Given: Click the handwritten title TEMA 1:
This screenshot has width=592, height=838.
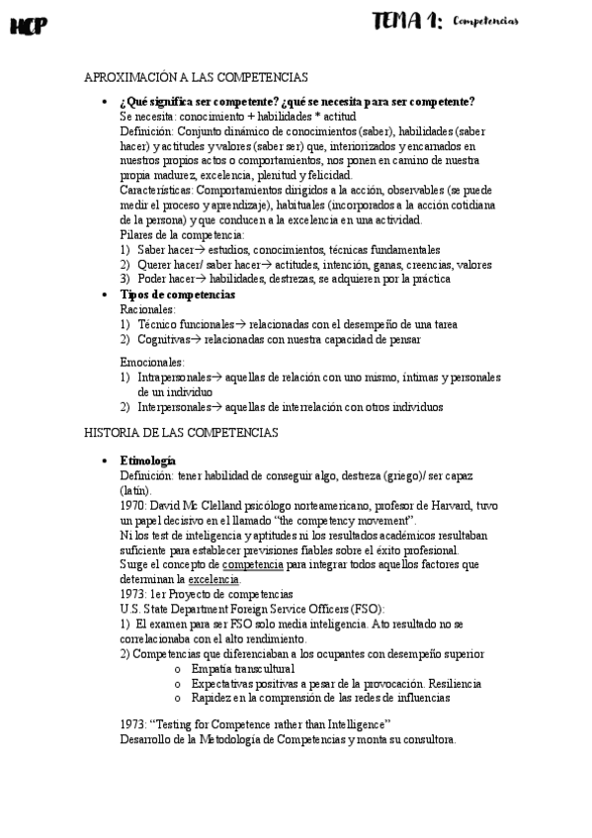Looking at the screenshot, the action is pos(406,22).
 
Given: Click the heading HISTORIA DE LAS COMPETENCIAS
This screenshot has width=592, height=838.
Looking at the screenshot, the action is pos(182,433).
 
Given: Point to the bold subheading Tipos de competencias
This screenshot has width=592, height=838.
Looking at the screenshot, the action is pos(177,294).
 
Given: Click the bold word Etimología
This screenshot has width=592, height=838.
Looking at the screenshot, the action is pos(148,461).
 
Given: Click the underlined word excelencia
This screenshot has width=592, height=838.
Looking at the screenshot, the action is pos(213,579).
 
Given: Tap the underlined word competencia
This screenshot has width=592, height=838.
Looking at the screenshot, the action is pos(253,565).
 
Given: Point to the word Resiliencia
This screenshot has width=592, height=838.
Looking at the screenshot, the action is pos(455,683).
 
